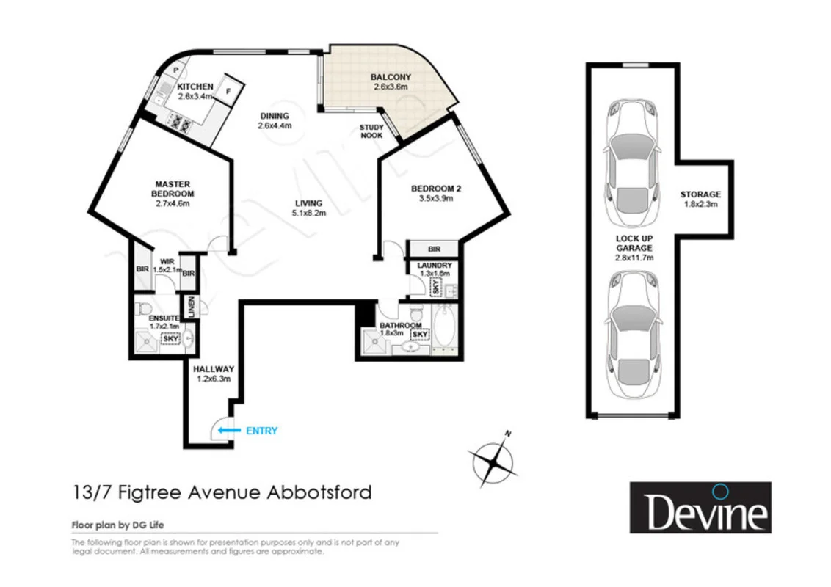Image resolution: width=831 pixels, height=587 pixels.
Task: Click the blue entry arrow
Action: tap(231, 431)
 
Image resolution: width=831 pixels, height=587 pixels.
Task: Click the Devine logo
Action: tap(700, 507)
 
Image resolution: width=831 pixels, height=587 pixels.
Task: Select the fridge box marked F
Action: tap(229, 91)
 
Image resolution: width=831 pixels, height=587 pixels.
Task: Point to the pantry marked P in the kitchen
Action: tap(176, 70)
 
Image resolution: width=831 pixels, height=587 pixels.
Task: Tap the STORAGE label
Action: tap(700, 194)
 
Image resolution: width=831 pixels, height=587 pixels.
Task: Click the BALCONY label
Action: tap(390, 77)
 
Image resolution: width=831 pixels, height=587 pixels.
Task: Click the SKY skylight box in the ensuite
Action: tap(170, 338)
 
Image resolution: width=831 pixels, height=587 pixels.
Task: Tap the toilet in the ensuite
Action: tap(143, 307)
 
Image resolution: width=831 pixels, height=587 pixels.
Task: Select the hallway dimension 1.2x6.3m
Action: tap(214, 379)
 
